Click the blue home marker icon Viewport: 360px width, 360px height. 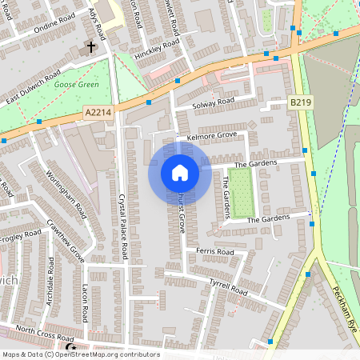point(180,173)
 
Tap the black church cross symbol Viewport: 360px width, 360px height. point(90,47)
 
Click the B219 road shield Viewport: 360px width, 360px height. point(300,102)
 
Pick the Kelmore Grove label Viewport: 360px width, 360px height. point(212,137)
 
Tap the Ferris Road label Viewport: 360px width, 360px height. point(214,251)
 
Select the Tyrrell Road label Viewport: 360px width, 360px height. point(228,284)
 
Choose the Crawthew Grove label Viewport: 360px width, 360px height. point(66,242)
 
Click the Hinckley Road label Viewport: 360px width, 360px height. point(160,49)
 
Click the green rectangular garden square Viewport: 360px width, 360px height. point(242,191)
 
